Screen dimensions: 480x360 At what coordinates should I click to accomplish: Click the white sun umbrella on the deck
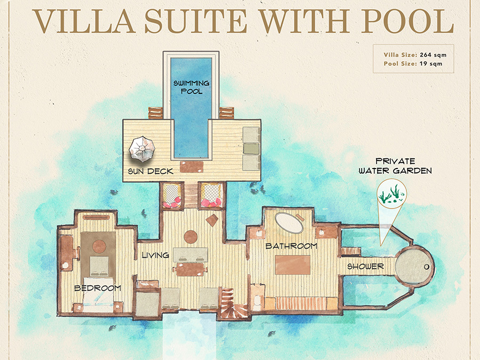click(142, 150)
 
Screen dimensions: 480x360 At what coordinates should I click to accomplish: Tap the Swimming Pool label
click(191, 87)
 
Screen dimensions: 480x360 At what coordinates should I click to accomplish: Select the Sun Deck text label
click(150, 171)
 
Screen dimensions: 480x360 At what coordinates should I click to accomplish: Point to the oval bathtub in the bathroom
click(289, 222)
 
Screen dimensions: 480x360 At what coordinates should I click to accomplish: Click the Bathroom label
click(291, 246)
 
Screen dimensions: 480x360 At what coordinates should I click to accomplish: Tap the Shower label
click(365, 267)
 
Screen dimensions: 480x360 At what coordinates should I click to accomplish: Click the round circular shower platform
click(414, 266)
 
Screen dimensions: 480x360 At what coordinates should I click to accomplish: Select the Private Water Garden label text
click(395, 166)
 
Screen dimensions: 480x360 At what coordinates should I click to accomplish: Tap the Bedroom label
click(98, 288)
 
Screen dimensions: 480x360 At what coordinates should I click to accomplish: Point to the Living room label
click(156, 255)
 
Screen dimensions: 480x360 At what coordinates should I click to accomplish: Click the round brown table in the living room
click(190, 237)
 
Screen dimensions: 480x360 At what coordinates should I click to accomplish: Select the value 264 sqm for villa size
click(433, 55)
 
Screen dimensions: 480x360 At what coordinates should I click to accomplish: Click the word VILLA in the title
click(84, 21)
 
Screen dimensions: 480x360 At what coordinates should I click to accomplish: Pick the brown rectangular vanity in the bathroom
click(293, 265)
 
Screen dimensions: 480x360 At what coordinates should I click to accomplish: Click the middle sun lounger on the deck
click(251, 148)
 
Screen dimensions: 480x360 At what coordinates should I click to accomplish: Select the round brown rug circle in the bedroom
click(99, 246)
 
